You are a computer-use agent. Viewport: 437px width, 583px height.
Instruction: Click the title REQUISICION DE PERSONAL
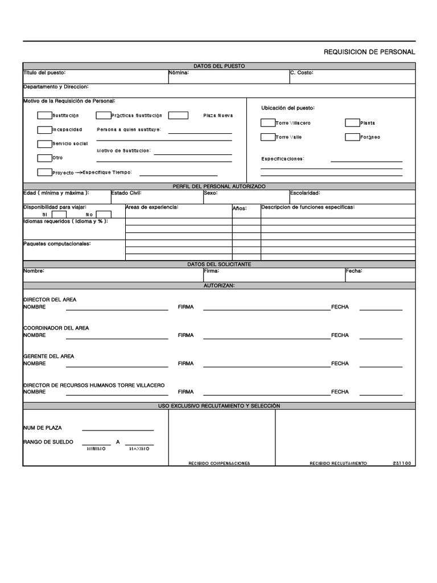[x=369, y=52]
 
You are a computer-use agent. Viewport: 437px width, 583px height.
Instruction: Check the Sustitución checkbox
[x=44, y=116]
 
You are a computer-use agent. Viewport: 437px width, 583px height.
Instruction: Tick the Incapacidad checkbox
[x=44, y=130]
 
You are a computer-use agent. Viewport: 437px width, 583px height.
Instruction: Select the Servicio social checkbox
[x=44, y=144]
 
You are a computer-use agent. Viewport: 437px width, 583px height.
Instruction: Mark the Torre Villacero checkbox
[x=267, y=123]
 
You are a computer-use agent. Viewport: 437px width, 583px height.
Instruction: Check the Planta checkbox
[x=352, y=123]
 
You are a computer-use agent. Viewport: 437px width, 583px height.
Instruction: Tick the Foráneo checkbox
[x=352, y=137]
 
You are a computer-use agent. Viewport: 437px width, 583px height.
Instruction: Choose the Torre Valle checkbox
[x=267, y=137]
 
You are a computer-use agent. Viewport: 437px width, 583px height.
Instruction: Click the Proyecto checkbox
[x=44, y=173]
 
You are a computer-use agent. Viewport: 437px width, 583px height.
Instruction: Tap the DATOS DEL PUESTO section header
[x=219, y=66]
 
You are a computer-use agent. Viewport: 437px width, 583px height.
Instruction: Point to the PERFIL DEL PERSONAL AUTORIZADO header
[x=219, y=186]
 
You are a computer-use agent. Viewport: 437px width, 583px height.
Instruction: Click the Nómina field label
[x=179, y=73]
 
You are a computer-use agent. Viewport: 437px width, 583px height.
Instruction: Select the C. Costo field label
[x=302, y=73]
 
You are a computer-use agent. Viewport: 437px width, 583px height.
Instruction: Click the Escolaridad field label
[x=305, y=193]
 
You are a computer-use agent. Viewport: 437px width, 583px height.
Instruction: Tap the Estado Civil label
[x=126, y=193]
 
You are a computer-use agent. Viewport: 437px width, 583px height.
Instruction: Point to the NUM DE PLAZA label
[x=43, y=428]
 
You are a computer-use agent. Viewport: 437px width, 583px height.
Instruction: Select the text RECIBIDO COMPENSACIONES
[x=219, y=463]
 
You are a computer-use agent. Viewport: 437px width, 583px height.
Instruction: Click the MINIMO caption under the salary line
[x=96, y=449]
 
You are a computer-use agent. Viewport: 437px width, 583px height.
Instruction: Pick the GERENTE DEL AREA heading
[x=48, y=356]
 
